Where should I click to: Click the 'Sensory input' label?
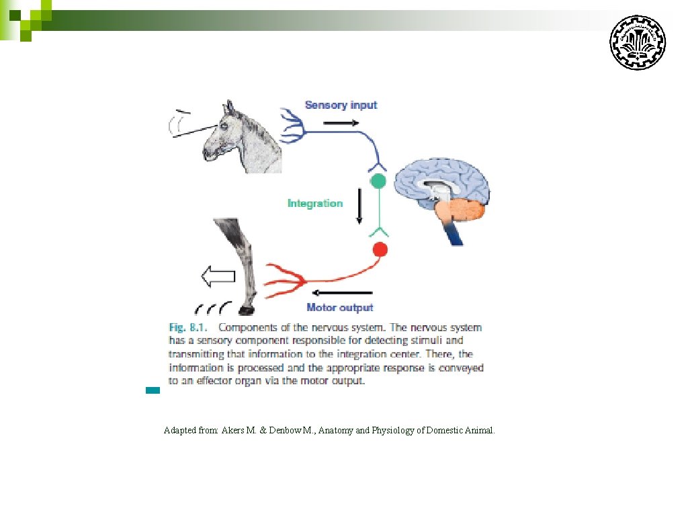click(x=341, y=105)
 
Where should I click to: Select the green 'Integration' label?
click(x=314, y=203)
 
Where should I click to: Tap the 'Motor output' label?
click(x=339, y=308)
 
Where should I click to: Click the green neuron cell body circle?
click(x=379, y=181)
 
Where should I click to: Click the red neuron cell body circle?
click(x=380, y=250)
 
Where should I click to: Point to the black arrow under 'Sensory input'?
click(x=341, y=122)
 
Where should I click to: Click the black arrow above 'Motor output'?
click(x=343, y=292)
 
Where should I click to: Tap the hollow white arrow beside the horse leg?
click(x=218, y=275)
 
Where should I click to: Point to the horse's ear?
click(x=230, y=107)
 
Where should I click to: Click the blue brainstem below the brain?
click(x=453, y=232)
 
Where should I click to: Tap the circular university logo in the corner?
click(x=637, y=42)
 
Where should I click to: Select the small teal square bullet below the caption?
click(x=153, y=390)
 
